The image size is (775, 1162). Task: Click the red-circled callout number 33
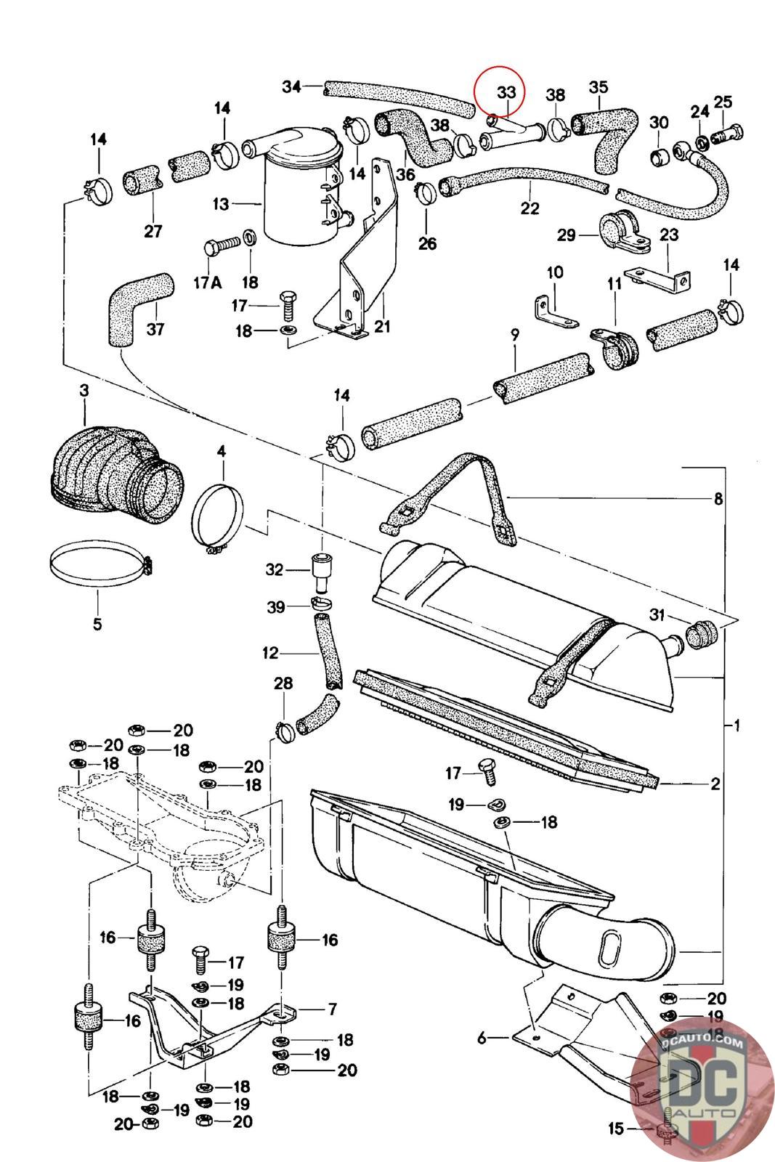point(506,92)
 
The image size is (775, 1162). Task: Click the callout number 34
point(291,86)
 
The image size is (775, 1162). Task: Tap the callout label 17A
point(208,283)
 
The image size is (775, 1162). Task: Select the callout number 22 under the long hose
point(529,208)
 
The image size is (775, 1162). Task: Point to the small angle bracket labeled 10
point(556,312)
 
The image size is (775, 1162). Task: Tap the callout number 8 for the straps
point(718,499)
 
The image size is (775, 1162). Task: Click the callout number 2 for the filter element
point(715,784)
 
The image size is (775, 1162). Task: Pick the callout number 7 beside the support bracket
point(332,1009)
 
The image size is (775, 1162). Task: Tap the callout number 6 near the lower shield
point(482,1038)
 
